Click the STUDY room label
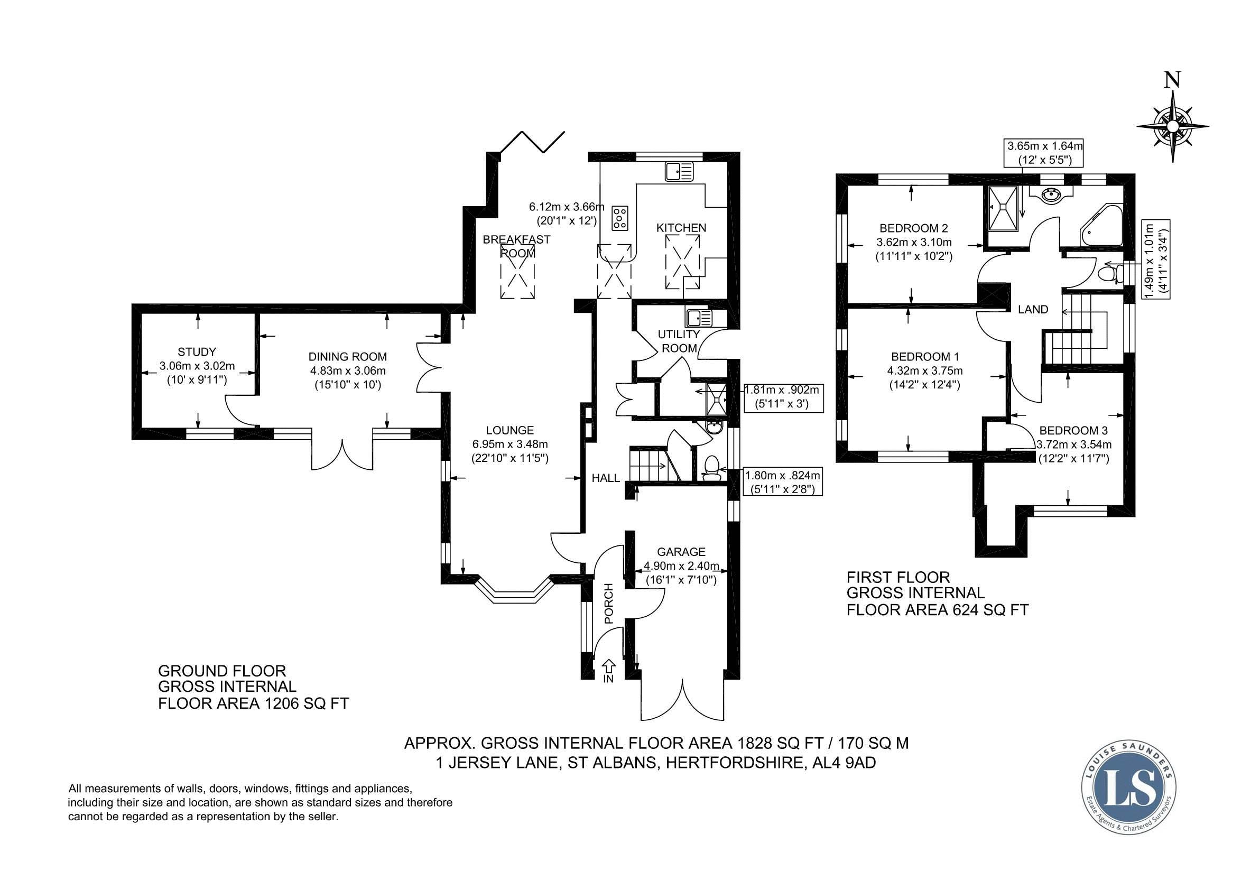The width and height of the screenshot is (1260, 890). (x=197, y=352)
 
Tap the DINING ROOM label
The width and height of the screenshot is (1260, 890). (x=347, y=357)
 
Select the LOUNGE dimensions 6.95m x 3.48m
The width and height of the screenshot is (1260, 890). (x=511, y=444)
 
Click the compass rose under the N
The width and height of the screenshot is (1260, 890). (x=1173, y=127)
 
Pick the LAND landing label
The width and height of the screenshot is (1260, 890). (x=1033, y=310)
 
